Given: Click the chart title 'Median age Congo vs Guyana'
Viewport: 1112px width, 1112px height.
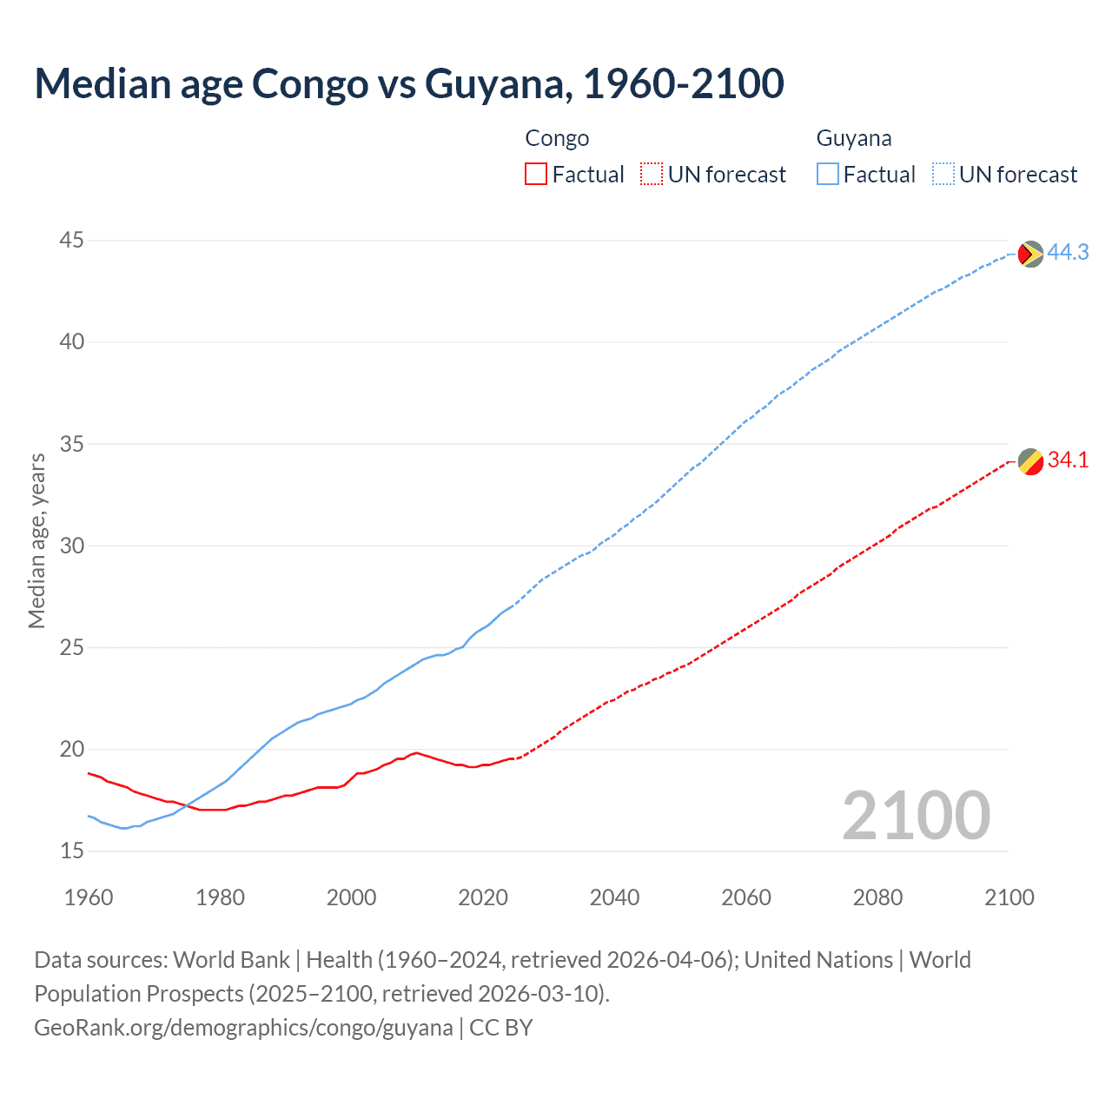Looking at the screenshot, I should (x=409, y=84).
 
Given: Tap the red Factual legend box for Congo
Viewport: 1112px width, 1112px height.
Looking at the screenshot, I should (x=536, y=175).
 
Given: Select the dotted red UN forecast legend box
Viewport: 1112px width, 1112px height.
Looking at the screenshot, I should (x=652, y=175).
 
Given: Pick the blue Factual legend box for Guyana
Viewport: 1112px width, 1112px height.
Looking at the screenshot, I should (x=827, y=175).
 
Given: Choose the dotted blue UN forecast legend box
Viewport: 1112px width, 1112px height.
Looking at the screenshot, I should (x=943, y=175).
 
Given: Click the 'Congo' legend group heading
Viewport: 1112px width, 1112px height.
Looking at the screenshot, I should (x=557, y=138).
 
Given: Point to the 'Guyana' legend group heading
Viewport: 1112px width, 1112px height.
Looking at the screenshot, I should (x=853, y=138).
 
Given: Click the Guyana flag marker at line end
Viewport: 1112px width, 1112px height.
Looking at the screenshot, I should (x=1030, y=254).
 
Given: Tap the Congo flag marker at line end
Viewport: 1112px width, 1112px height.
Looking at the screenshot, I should (x=1030, y=461).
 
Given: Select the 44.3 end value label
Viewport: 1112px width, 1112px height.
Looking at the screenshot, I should (x=1068, y=252).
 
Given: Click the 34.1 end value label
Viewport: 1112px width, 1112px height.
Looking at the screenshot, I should (x=1068, y=460).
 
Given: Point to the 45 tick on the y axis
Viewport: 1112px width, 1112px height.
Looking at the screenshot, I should (x=72, y=240).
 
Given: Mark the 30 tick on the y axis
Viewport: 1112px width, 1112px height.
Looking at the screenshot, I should (x=72, y=546).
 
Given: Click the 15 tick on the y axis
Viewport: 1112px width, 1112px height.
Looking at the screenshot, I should (x=72, y=851).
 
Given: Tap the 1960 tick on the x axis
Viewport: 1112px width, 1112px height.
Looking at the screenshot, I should (x=89, y=897).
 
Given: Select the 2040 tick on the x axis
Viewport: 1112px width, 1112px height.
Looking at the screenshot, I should (x=614, y=897).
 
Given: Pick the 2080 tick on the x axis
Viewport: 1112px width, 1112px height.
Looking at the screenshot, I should (x=877, y=897).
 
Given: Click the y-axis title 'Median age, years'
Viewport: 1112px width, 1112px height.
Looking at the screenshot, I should (x=36, y=540).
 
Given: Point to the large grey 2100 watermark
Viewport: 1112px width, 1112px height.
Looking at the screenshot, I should (x=916, y=815).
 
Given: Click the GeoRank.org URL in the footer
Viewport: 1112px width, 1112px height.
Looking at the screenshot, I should (x=243, y=1028).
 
